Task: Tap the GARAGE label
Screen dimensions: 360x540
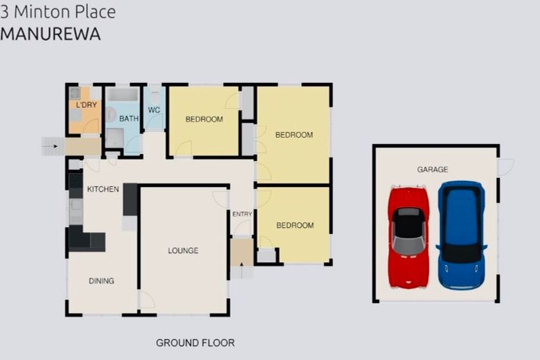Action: click(432, 169)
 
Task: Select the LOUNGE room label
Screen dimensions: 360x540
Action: click(183, 250)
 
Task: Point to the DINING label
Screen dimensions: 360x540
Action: click(101, 281)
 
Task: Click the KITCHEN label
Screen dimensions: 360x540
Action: click(103, 190)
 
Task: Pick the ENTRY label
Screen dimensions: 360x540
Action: click(242, 214)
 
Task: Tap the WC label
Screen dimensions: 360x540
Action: click(154, 110)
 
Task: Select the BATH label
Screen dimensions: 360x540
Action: click(129, 119)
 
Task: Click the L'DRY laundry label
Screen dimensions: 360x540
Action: click(86, 105)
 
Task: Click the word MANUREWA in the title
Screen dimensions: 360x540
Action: click(50, 34)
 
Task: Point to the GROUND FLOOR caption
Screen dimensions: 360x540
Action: click(195, 343)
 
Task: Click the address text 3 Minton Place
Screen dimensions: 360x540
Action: click(58, 12)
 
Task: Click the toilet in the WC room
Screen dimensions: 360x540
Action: click(155, 96)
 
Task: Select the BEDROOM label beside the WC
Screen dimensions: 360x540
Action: click(204, 120)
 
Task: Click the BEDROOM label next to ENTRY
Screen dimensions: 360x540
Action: click(294, 226)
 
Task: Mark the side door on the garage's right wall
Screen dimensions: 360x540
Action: click(505, 167)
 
